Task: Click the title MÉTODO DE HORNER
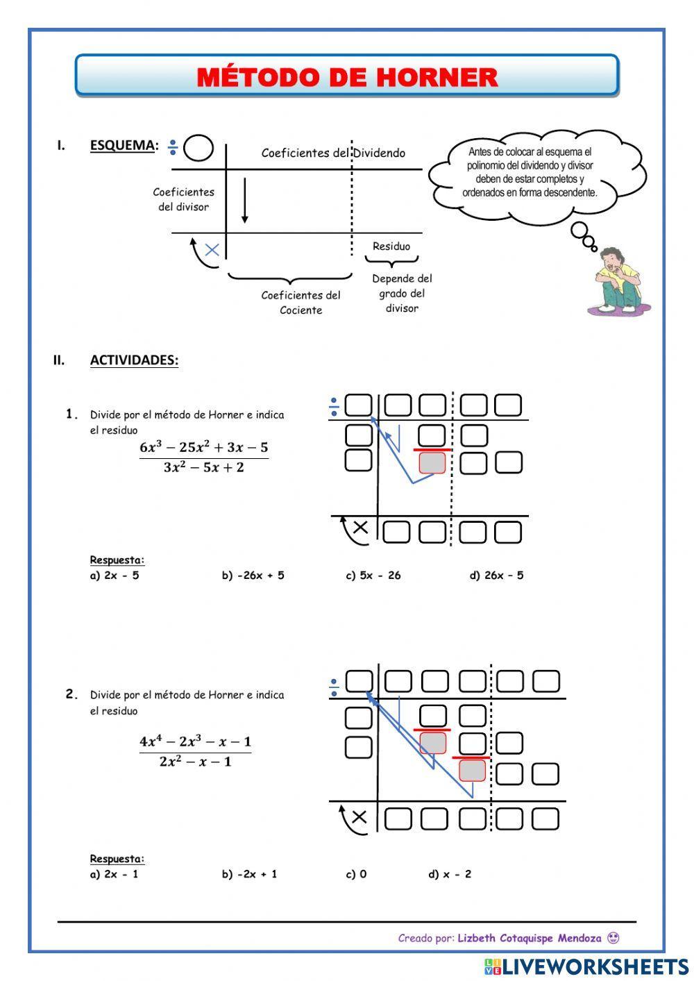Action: (347, 77)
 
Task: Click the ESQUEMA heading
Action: (122, 145)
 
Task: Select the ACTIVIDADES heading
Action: (134, 360)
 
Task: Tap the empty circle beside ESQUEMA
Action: (198, 148)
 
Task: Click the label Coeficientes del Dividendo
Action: (333, 153)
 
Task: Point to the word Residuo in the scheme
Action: (391, 246)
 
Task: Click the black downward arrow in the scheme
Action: (245, 201)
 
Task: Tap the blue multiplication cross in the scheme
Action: (212, 250)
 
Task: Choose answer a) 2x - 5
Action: (115, 575)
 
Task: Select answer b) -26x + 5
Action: (253, 575)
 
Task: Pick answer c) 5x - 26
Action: (373, 575)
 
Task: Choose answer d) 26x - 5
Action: (497, 575)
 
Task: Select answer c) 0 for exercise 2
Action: (357, 874)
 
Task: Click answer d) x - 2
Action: (450, 874)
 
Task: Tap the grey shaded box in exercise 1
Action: (432, 463)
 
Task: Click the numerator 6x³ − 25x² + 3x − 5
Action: (204, 448)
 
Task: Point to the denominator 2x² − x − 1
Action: (196, 762)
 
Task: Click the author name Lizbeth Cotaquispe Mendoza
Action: (530, 938)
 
